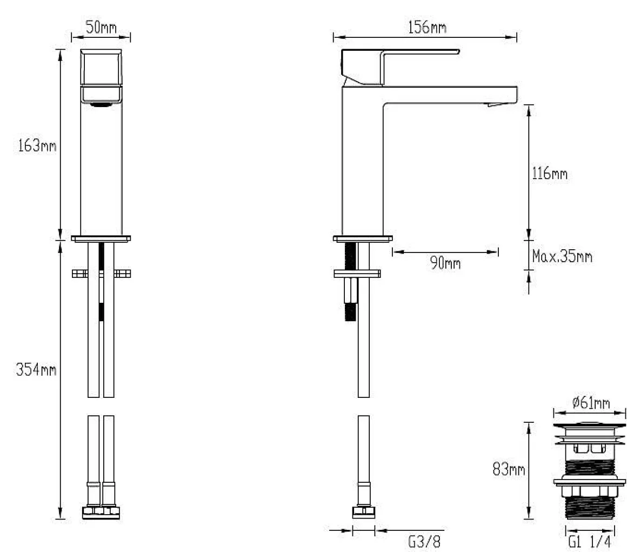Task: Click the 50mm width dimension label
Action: click(101, 28)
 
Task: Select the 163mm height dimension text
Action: click(37, 145)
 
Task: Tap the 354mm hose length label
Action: click(36, 369)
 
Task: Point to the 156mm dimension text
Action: click(427, 27)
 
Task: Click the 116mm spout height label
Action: click(549, 173)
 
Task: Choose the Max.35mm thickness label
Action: click(562, 256)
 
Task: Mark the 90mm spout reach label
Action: click(445, 263)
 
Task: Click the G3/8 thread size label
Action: click(424, 542)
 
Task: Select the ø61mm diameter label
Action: click(591, 402)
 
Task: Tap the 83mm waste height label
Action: click(509, 469)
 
